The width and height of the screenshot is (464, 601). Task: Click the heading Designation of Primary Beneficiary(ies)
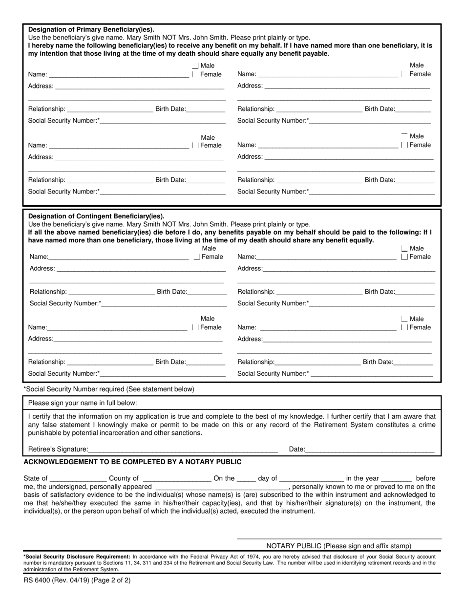coord(91,29)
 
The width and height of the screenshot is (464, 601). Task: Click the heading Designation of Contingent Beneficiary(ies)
coord(96,216)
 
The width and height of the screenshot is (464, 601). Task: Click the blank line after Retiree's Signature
coord(183,449)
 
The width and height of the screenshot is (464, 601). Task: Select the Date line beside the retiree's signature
coord(370,449)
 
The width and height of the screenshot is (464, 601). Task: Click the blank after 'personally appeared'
coord(221,487)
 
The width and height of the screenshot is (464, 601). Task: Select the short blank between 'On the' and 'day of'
coord(246,478)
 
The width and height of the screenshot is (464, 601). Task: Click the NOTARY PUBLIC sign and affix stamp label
coord(338,546)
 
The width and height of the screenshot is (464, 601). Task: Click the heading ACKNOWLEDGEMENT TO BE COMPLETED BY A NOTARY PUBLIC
coord(132,462)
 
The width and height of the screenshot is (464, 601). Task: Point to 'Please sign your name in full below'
coord(83,403)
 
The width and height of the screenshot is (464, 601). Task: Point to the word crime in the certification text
coord(426,425)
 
